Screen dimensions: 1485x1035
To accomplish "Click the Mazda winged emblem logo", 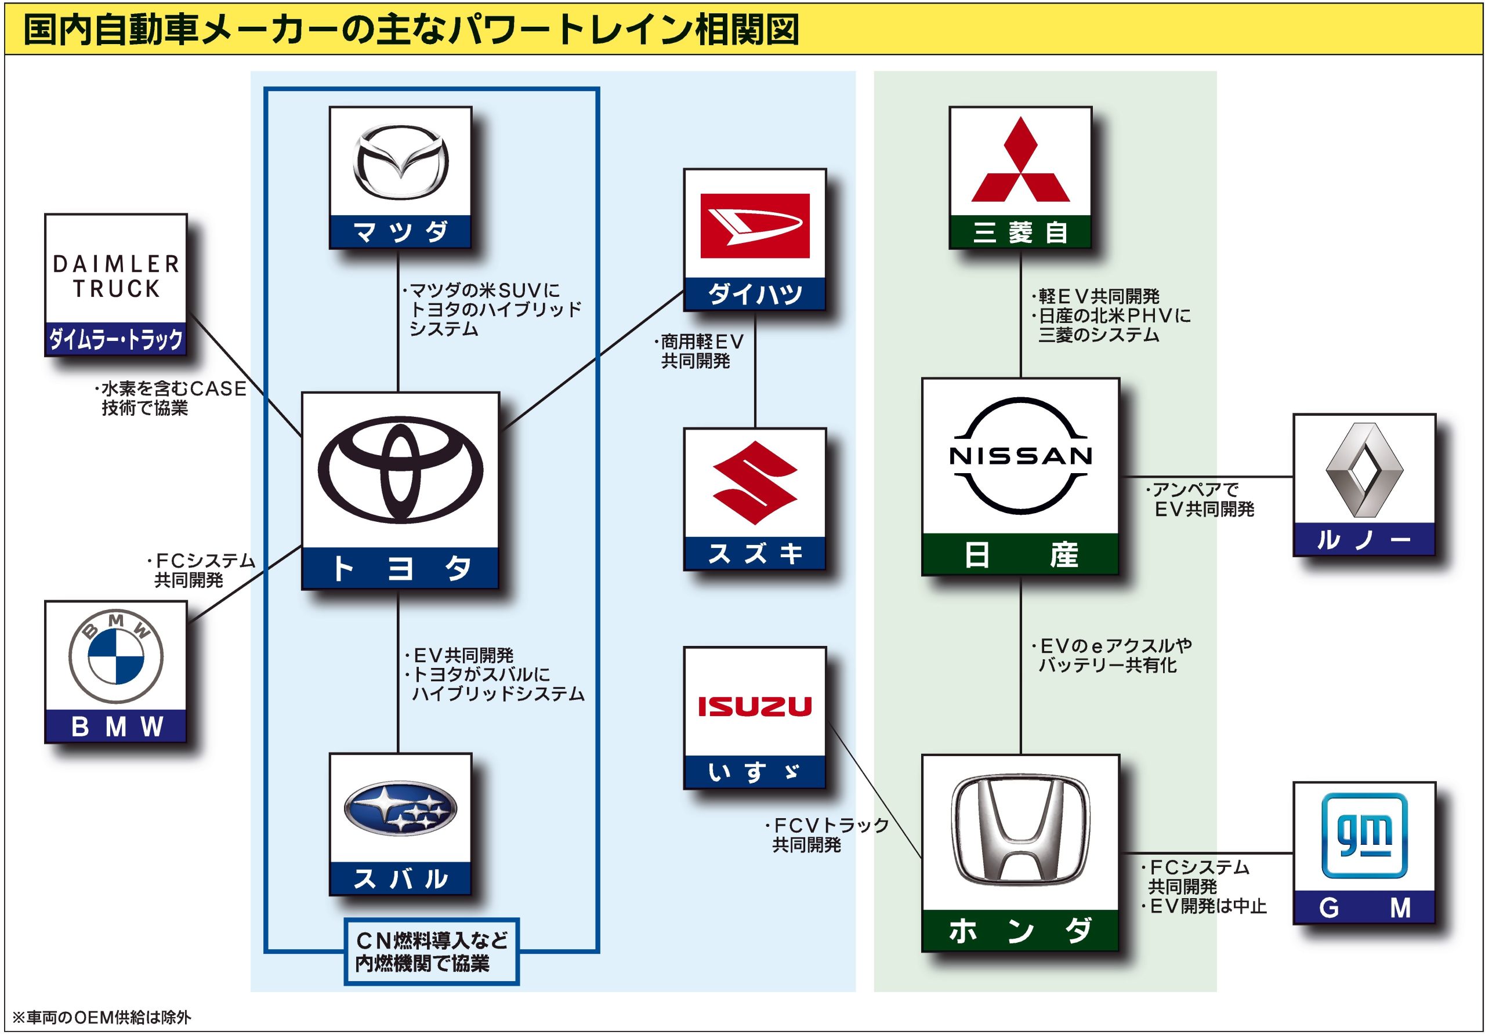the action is (400, 162).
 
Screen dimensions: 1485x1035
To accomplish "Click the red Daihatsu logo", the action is (755, 226).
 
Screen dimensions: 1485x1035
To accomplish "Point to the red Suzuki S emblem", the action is (755, 482).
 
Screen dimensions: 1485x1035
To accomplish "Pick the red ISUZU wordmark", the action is (755, 707).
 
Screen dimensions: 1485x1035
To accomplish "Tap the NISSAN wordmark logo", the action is (1020, 456).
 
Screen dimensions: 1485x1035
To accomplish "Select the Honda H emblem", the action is (1020, 831).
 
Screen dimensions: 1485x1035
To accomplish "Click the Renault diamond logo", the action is (1365, 470).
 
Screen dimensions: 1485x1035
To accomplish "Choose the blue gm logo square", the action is (1365, 836).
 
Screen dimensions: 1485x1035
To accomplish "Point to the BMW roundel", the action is (116, 656).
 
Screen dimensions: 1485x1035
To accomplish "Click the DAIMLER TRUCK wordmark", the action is (116, 276).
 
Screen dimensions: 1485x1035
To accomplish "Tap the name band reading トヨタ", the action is (400, 568).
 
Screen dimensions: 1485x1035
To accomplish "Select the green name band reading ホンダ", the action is (1020, 930).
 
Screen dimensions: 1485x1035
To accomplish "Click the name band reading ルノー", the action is (1365, 539).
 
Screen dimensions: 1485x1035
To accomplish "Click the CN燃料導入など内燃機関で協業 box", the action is (432, 952).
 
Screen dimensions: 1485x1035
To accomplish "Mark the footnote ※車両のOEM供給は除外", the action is (102, 1017).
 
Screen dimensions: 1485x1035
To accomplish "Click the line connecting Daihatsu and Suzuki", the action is (755, 369).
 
